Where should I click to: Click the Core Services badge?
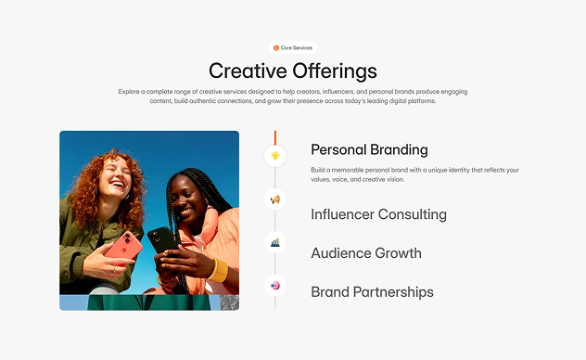(x=293, y=48)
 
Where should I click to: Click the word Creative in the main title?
(x=248, y=71)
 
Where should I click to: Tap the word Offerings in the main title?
(x=335, y=71)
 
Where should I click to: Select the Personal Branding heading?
(x=369, y=149)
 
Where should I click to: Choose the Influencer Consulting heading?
(x=378, y=214)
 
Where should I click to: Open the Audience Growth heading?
(x=366, y=253)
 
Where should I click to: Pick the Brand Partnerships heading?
(x=372, y=292)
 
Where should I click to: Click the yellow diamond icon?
(x=275, y=156)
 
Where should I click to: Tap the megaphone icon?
(x=275, y=199)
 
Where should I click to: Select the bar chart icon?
(x=275, y=242)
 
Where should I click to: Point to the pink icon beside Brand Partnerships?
(x=275, y=286)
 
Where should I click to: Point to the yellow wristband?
(x=218, y=270)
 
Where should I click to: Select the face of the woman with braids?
(x=188, y=199)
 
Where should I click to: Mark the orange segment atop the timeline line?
(x=275, y=138)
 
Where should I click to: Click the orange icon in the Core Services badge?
(x=276, y=48)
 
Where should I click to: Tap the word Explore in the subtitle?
(x=129, y=92)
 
